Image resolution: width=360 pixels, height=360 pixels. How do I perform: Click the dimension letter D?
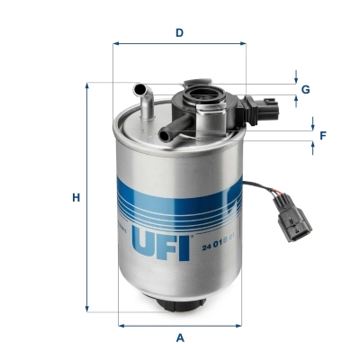tap(180, 32)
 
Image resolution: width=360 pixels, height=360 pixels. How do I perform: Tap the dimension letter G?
tap(306, 89)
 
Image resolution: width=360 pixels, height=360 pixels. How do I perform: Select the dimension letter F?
tap(322, 135)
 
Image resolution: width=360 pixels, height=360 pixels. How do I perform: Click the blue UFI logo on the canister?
tap(162, 242)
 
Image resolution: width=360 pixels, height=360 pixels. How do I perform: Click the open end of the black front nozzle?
tap(165, 135)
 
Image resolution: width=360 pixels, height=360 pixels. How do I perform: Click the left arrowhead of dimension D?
tap(116, 43)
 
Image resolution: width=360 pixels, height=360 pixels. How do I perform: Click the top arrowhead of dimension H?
tap(87, 86)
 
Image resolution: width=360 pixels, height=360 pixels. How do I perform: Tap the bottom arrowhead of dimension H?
tap(87, 308)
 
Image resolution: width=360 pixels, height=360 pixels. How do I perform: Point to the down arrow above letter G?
tap(295, 79)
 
